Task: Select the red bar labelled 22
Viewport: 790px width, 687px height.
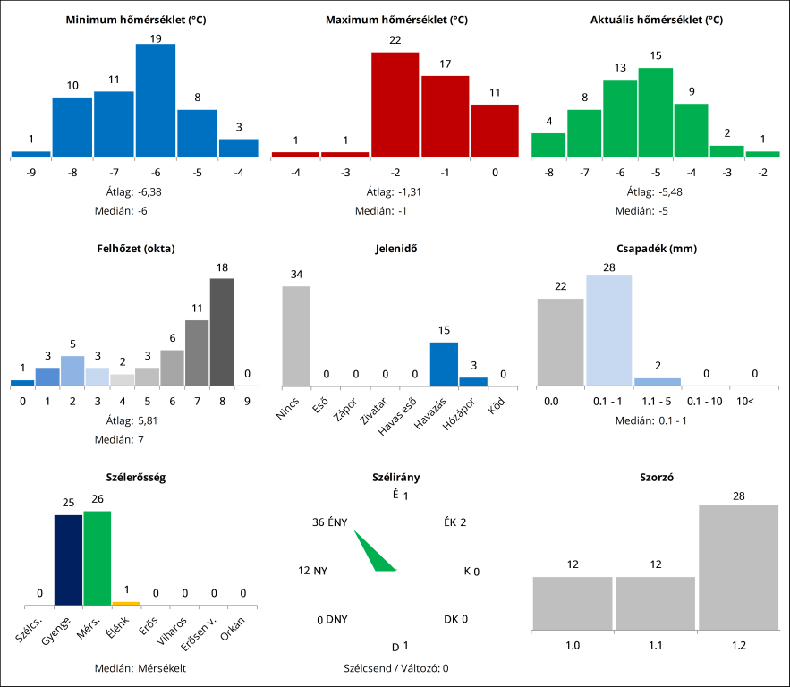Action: tap(395, 104)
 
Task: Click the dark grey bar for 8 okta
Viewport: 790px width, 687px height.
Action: tap(222, 332)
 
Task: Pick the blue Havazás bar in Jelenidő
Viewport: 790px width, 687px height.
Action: tap(444, 364)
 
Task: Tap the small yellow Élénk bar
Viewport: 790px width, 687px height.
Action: tap(126, 604)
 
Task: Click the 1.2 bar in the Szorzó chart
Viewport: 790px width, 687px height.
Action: tap(738, 568)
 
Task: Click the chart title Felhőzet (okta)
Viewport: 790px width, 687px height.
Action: tap(136, 248)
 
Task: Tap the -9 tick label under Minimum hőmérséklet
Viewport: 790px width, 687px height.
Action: tap(31, 173)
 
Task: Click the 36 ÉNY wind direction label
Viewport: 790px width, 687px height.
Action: tap(329, 522)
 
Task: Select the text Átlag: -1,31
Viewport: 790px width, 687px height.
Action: tap(395, 191)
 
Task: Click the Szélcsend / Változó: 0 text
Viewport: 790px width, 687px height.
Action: tap(395, 668)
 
